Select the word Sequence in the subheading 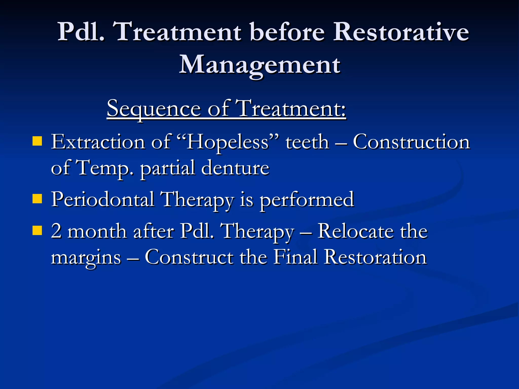point(153,109)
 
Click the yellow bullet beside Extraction point(37,141)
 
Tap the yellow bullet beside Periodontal point(37,199)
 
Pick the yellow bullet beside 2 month point(37,231)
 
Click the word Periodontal point(103,199)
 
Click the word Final point(295,257)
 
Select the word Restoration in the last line point(375,257)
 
